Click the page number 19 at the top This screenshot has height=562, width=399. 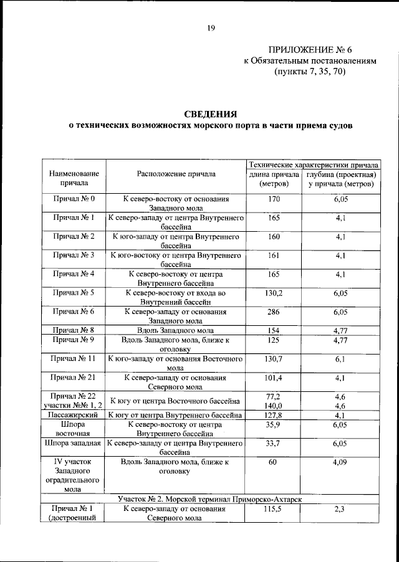point(211,27)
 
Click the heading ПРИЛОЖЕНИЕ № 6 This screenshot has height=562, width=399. point(307,49)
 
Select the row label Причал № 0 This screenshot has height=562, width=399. point(74,199)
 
